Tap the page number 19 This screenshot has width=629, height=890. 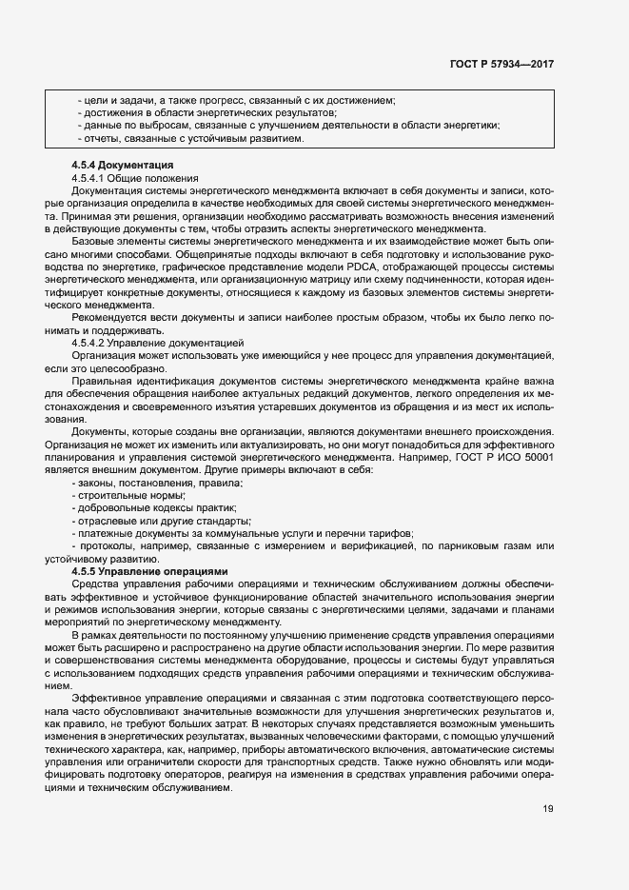tap(548, 810)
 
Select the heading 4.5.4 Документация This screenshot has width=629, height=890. tap(122, 166)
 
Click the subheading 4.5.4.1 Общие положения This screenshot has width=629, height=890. tap(134, 178)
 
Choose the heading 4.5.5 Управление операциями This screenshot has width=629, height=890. tap(149, 570)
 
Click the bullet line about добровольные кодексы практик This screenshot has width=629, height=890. tap(153, 508)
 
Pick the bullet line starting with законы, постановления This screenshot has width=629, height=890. tap(157, 484)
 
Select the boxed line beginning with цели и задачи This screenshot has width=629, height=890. tap(235, 101)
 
